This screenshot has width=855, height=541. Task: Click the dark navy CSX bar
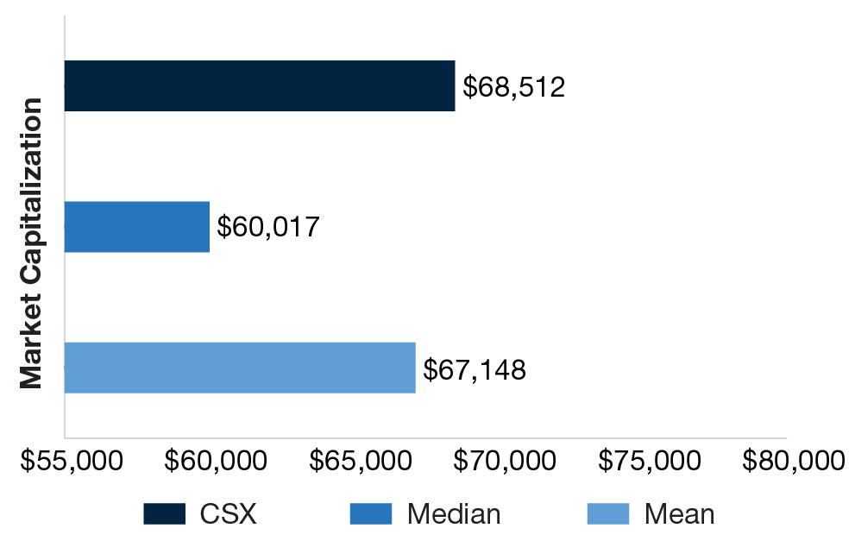pos(259,86)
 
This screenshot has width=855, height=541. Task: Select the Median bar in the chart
pos(137,227)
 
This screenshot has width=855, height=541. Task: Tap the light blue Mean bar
pos(240,368)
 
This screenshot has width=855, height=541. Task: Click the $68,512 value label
pos(513,87)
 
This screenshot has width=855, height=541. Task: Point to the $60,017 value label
pos(268,227)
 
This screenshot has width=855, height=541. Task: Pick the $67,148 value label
pos(475,369)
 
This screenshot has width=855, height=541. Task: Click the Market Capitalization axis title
pos(31,243)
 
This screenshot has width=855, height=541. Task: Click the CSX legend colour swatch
pos(165,514)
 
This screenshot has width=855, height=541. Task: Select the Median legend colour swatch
pos(371,514)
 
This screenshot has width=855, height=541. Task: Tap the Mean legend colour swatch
pos(608,514)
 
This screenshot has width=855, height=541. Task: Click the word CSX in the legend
pos(228,514)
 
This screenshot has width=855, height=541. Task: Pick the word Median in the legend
pos(454,514)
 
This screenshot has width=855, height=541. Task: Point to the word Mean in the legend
pos(679,514)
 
